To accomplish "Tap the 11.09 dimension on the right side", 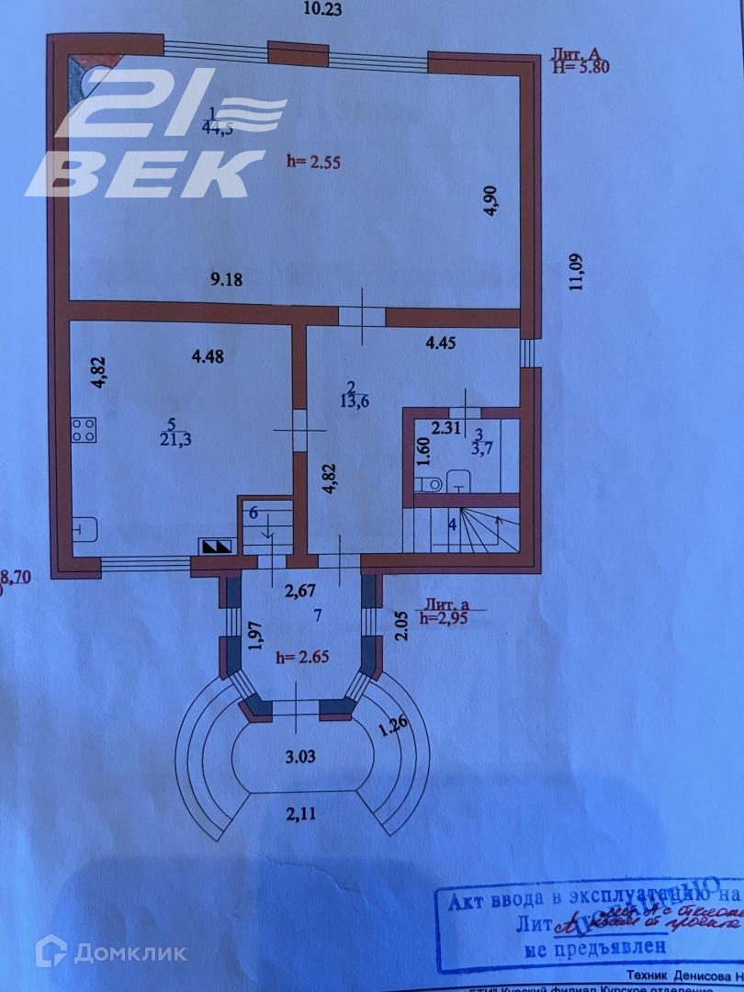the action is click(577, 271).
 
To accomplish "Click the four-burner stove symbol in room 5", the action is click(84, 430).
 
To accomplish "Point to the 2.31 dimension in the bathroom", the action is click(445, 426).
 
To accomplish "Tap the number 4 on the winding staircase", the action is click(452, 524).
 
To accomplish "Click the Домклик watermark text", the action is click(129, 953).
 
